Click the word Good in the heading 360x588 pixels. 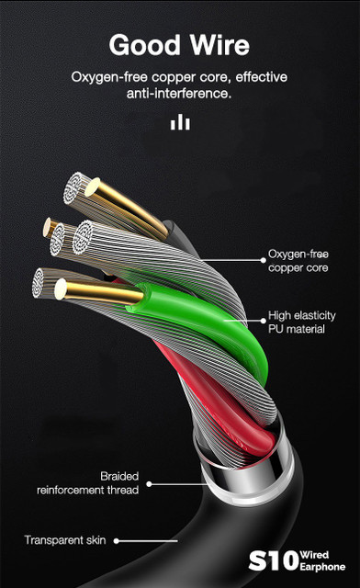[145, 45]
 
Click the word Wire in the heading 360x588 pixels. [219, 45]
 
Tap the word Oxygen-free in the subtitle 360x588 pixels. [109, 78]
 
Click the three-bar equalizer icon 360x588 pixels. [180, 122]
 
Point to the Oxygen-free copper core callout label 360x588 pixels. [298, 261]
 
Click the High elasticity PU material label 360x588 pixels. [301, 322]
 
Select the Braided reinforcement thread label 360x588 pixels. [88, 483]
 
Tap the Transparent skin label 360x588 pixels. [65, 540]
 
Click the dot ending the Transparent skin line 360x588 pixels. [117, 541]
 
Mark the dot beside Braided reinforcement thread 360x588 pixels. [149, 484]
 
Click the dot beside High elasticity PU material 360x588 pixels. [264, 321]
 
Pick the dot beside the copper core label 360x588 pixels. [264, 260]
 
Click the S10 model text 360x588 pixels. [274, 561]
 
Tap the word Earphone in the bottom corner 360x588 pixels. [322, 567]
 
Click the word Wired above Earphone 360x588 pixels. [314, 555]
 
